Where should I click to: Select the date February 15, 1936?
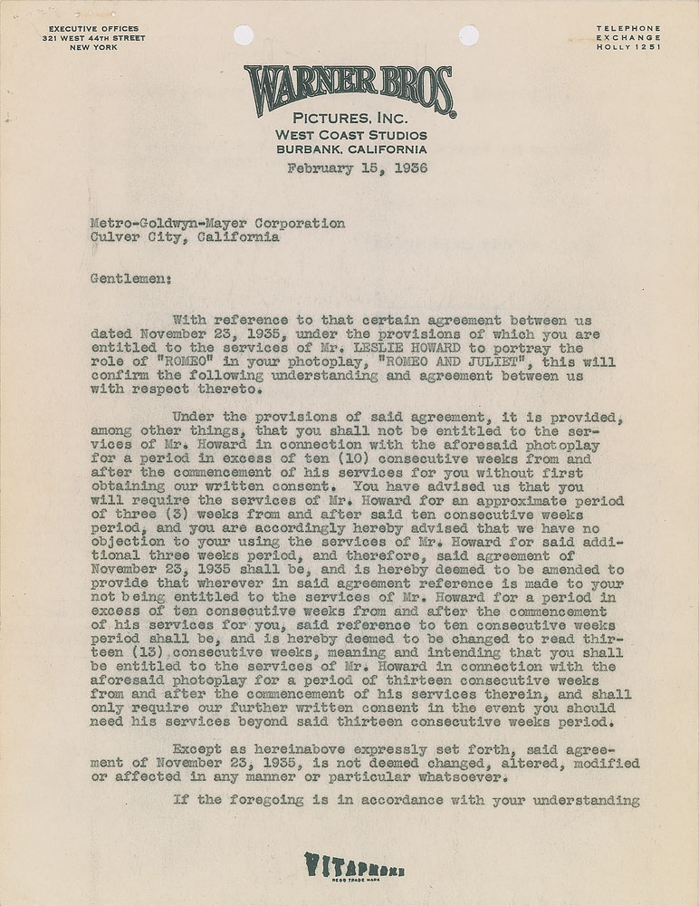(x=357, y=169)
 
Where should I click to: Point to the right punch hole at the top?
(x=468, y=34)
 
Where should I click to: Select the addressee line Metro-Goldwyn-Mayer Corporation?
(x=217, y=223)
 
